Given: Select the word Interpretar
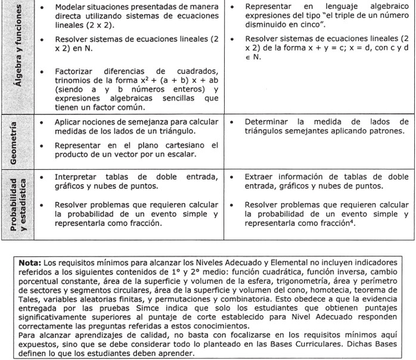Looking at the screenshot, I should pos(78,177).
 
